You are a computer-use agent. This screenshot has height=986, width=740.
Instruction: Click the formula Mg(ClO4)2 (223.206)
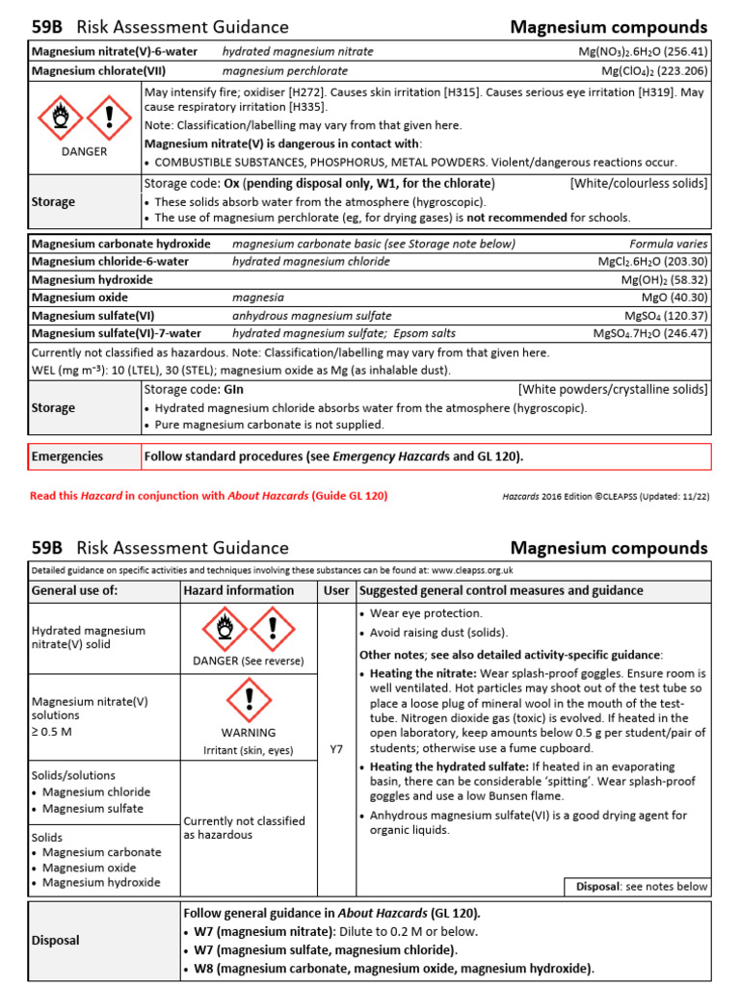point(654,70)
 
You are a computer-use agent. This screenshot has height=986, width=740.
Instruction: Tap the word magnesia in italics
point(258,298)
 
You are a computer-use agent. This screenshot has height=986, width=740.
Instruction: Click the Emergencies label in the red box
point(67,456)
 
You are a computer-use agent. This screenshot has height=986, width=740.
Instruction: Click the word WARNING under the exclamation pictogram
point(249,732)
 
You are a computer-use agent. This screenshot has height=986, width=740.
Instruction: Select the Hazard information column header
point(238,590)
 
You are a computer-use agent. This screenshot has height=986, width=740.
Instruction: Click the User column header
point(336,590)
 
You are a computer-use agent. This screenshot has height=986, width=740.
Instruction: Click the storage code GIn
point(234,389)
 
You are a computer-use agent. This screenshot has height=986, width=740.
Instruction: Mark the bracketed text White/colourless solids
point(639,183)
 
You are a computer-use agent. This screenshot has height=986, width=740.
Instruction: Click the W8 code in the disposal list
point(203,969)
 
